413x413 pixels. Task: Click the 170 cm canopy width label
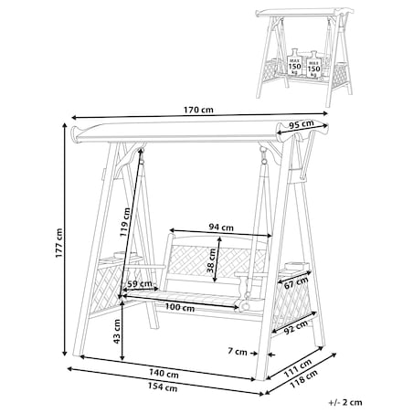[198, 110]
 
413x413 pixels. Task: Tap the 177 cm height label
[59, 243]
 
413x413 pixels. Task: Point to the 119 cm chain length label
[125, 222]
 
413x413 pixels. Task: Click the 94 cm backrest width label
[221, 227]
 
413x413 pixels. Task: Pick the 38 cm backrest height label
[211, 260]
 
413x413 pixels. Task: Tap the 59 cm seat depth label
[140, 284]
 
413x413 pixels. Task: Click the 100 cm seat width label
[180, 307]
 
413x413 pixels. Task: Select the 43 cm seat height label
[117, 332]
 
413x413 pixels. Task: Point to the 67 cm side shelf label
[296, 283]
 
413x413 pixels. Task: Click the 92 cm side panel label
[295, 327]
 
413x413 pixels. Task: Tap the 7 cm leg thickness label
[238, 351]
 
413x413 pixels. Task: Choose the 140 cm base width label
[164, 374]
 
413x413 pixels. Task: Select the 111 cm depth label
[298, 368]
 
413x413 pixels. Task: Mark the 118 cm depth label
[303, 378]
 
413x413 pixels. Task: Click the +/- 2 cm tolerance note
[345, 402]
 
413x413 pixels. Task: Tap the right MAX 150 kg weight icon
[313, 65]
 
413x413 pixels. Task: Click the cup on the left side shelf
[119, 254]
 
